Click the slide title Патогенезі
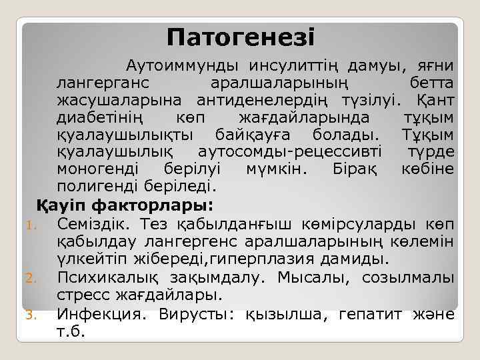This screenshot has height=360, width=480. tap(241, 36)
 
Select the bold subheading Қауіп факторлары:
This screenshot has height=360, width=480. tap(124, 203)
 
